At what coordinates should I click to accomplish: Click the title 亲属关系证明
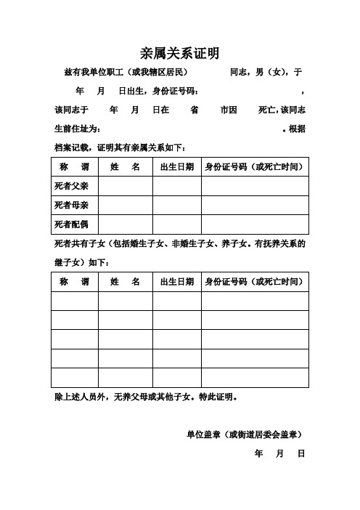(179, 53)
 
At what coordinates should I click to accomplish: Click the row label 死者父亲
(71, 186)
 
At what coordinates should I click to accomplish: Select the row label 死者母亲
(71, 205)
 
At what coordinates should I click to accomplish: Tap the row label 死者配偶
(71, 224)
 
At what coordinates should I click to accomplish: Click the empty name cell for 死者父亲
(125, 186)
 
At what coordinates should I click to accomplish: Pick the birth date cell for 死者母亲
(176, 205)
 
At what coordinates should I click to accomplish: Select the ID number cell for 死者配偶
(255, 224)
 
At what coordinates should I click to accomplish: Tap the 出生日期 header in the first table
(176, 166)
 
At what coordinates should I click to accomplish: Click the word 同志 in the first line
(240, 73)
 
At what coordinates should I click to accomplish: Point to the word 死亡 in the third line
(267, 110)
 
